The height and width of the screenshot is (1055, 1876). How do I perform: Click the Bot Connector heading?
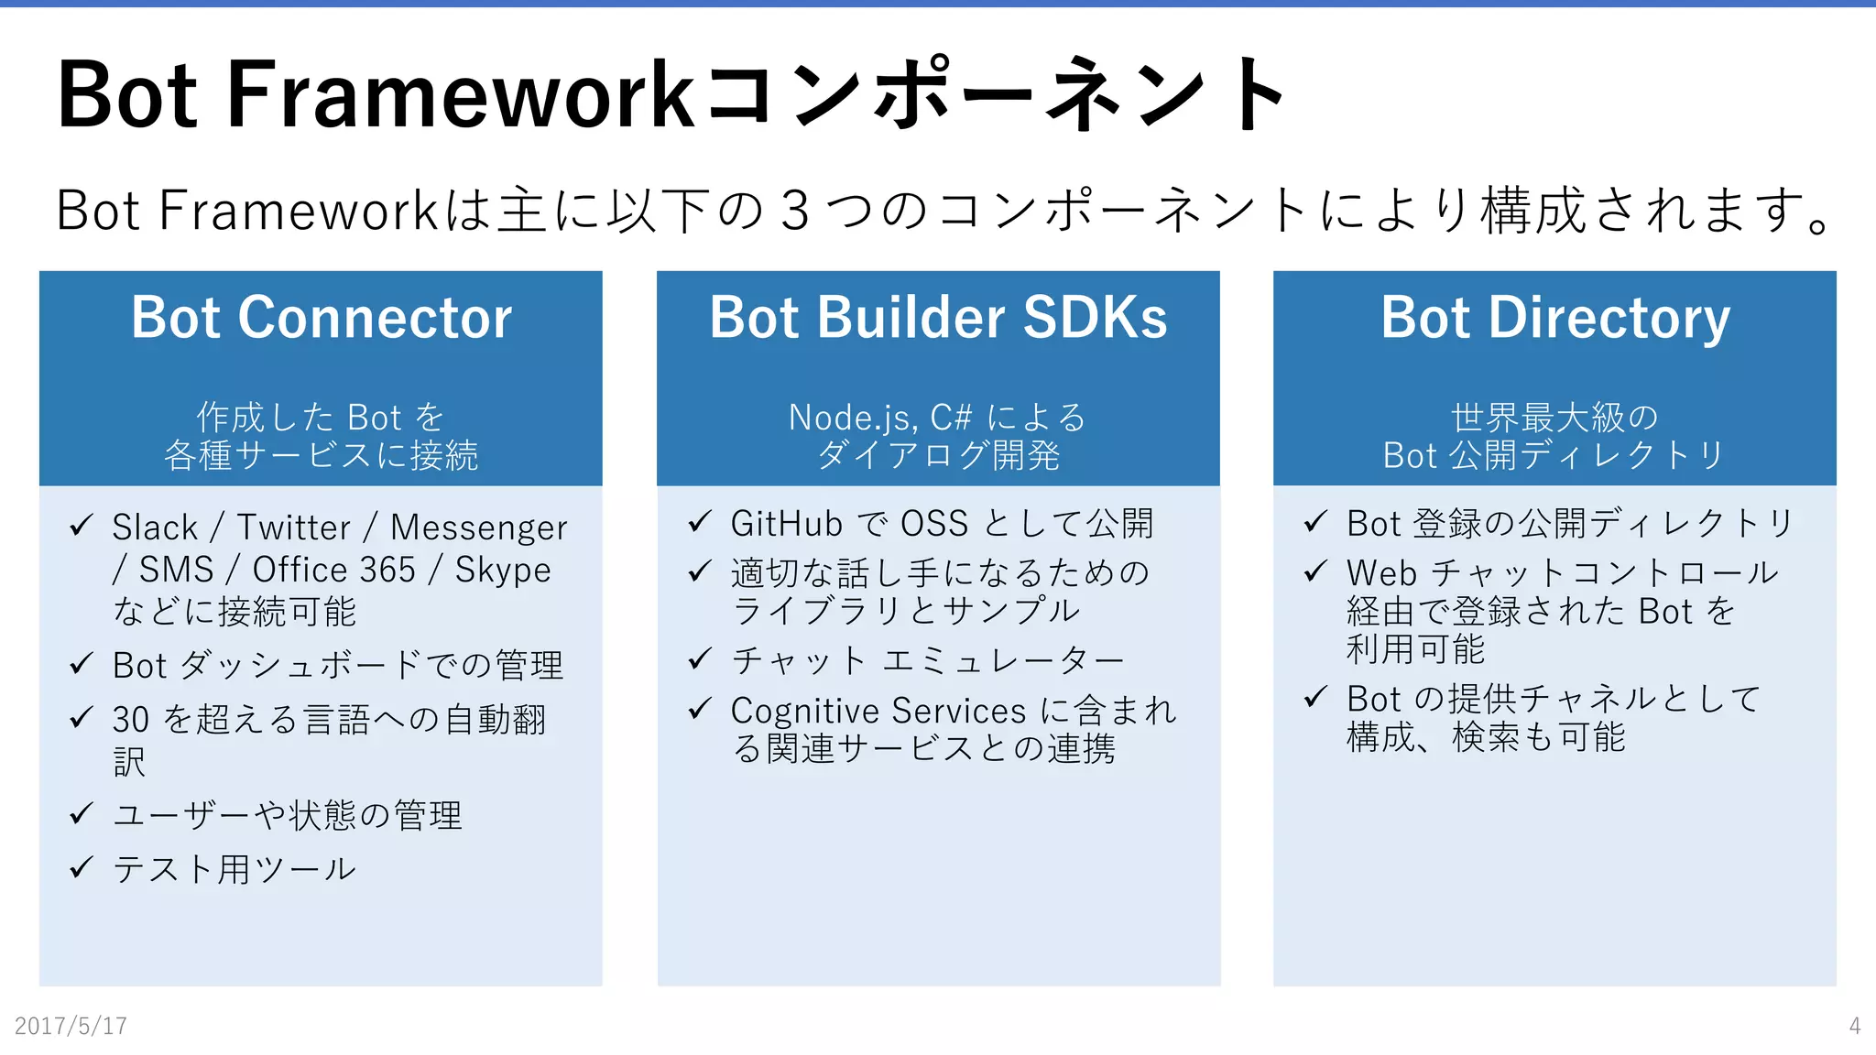pos(321,318)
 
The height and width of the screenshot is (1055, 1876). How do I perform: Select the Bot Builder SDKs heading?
pos(938,318)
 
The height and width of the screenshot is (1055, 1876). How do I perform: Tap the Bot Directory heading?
pos(1554,318)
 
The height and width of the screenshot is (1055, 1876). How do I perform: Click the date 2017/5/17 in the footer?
pos(71,1026)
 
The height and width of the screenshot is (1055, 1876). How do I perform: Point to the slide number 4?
pos(1854,1026)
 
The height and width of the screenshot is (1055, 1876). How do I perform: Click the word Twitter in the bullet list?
pos(293,527)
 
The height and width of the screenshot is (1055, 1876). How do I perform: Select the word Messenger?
pos(478,528)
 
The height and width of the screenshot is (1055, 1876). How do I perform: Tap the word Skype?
pos(503,571)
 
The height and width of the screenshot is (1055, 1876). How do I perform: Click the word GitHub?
pos(786,524)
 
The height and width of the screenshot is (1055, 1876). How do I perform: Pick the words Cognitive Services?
pos(878,711)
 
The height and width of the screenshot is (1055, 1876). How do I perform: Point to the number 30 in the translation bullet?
pos(130,720)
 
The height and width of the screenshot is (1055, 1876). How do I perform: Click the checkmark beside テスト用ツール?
pos(82,866)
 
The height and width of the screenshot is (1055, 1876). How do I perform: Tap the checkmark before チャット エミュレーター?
pos(700,658)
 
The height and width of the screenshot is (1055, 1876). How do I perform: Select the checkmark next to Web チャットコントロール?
pos(1315,571)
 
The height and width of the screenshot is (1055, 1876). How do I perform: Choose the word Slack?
pos(155,527)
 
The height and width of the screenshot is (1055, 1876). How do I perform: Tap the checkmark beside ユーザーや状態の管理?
pos(82,812)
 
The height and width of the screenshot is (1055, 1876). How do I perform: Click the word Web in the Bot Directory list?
pos(1381,573)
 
